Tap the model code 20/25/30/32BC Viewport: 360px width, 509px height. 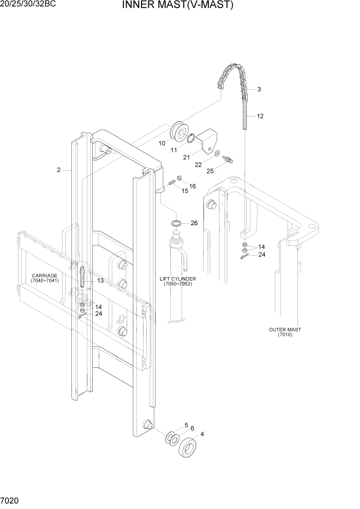28,4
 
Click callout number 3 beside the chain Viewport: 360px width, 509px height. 259,89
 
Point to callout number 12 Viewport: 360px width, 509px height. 260,116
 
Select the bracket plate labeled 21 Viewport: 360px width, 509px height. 209,140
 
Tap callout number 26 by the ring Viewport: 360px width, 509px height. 194,223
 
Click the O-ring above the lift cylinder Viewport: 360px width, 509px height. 175,223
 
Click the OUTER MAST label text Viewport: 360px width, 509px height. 285,332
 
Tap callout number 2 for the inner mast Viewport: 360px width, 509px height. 59,170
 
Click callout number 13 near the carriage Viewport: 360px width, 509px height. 100,281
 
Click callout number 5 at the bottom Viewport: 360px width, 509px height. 186,425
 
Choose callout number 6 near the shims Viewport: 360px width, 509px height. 192,428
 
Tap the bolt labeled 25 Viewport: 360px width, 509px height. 229,161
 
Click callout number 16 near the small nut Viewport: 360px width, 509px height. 193,186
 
